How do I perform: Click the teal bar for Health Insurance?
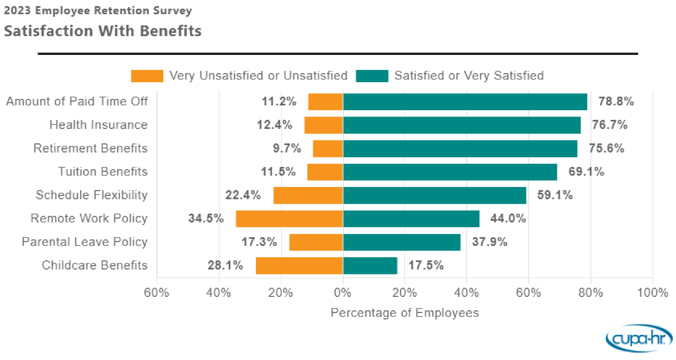click(x=462, y=125)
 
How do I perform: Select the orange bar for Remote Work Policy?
click(x=289, y=219)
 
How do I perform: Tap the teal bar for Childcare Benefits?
click(x=370, y=265)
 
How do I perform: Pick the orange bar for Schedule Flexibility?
click(x=308, y=195)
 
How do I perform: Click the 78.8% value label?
click(x=616, y=101)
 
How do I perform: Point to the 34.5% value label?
click(x=206, y=218)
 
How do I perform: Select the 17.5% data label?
click(x=426, y=265)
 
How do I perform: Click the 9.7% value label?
click(x=287, y=148)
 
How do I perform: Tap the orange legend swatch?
click(x=147, y=76)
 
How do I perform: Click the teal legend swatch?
click(x=372, y=76)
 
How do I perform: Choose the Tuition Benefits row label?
click(x=103, y=172)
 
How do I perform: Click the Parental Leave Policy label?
click(x=84, y=242)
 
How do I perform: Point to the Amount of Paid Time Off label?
click(x=77, y=101)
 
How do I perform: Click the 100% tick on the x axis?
click(x=653, y=293)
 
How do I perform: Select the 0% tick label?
click(x=343, y=293)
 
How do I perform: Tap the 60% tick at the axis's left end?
click(x=156, y=293)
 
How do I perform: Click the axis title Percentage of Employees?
click(x=404, y=313)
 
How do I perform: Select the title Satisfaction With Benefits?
click(x=103, y=31)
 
